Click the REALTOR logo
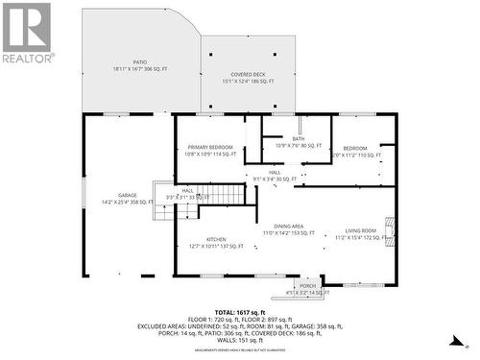27,35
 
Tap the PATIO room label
140,62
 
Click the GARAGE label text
128,195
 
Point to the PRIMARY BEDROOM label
210,147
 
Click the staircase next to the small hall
227,195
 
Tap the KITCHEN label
216,239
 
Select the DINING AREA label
289,226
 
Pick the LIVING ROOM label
361,230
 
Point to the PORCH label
307,285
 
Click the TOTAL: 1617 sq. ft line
238,313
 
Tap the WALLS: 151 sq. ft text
238,340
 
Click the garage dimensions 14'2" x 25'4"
128,203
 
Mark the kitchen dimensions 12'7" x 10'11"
216,247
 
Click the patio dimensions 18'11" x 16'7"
140,69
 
